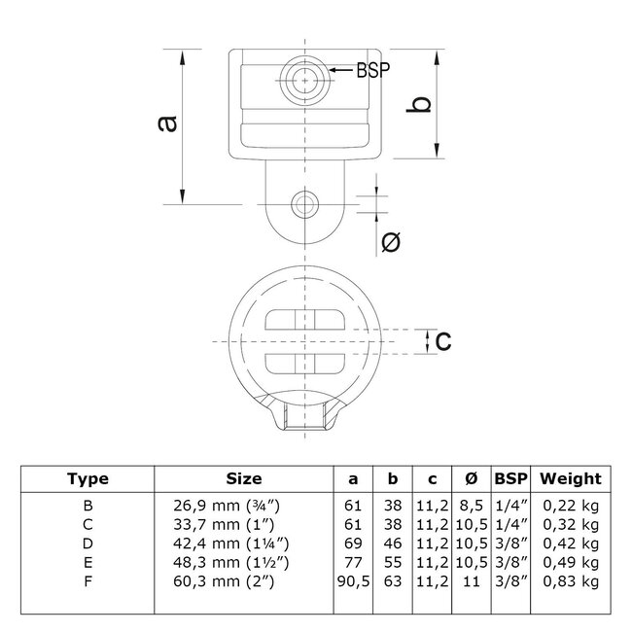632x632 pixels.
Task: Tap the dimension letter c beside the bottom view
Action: click(442, 339)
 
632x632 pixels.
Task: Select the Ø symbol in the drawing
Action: click(390, 242)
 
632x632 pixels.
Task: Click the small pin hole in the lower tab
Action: click(304, 204)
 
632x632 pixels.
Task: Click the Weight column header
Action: click(571, 478)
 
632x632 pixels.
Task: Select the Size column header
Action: click(243, 478)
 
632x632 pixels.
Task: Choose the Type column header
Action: click(88, 478)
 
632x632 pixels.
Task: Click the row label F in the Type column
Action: click(88, 579)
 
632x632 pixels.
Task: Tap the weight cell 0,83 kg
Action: click(571, 579)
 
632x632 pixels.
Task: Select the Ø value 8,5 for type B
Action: click(471, 506)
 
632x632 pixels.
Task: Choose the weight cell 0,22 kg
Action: click(571, 506)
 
